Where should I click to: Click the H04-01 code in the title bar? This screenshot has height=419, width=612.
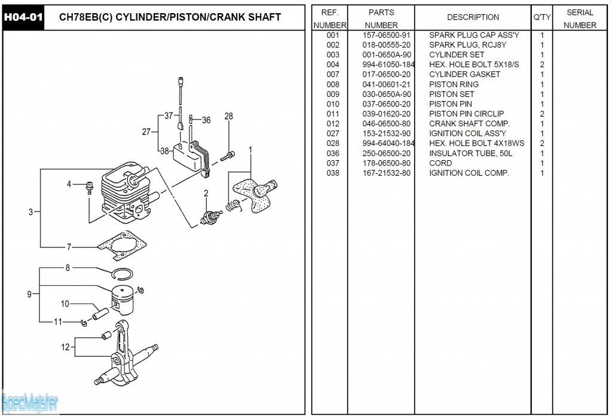[23, 17]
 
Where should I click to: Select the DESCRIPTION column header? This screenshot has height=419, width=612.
[473, 17]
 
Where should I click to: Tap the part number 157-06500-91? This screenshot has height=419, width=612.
[387, 35]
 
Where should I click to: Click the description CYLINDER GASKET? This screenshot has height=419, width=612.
[464, 75]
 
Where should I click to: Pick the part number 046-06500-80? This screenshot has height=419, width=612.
[387, 124]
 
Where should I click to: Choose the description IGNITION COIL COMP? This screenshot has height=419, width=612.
[469, 173]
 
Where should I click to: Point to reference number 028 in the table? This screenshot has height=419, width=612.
[333, 143]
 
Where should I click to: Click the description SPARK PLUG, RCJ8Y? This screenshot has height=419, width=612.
[468, 45]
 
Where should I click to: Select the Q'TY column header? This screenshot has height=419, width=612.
[541, 17]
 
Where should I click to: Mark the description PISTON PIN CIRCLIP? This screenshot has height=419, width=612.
[466, 114]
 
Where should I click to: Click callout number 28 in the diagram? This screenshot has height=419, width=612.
[228, 116]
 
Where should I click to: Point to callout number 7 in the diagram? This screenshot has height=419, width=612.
[69, 246]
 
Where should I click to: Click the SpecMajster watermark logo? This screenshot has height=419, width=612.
[30, 404]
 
